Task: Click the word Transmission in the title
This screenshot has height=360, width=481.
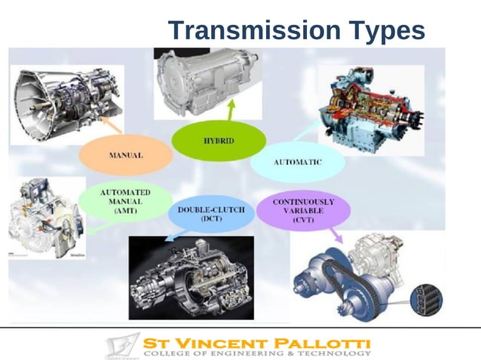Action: coord(253,31)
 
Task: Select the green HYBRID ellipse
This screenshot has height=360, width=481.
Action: coord(219,142)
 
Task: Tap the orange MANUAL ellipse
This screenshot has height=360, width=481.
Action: coord(126,155)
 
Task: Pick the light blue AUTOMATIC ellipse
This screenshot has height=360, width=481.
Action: coord(297,162)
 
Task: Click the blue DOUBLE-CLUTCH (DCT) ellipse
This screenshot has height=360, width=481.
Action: coord(211,214)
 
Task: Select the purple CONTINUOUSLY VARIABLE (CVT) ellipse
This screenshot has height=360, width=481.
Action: coord(303,209)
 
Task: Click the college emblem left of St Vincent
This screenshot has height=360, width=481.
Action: coord(120,346)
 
